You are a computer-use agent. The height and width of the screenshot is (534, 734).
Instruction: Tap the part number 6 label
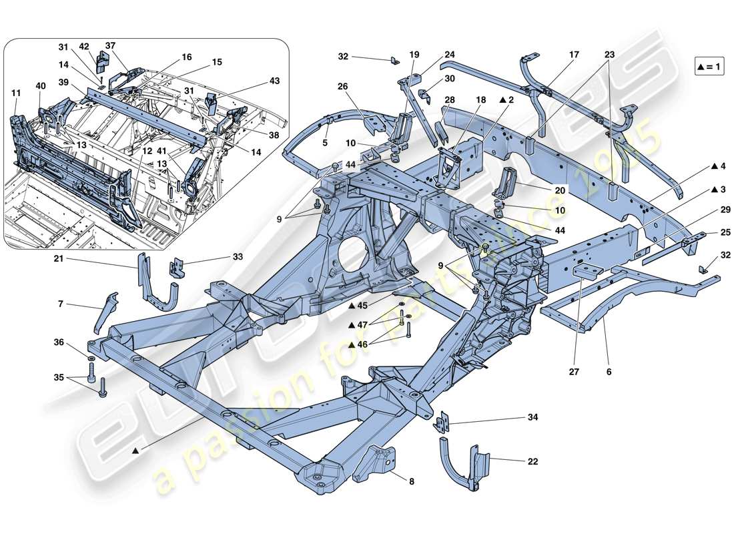coord(609,372)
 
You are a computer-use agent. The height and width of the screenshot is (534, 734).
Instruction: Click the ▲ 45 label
coord(358,306)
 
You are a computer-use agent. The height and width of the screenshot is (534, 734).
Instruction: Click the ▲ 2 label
coord(507,99)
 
